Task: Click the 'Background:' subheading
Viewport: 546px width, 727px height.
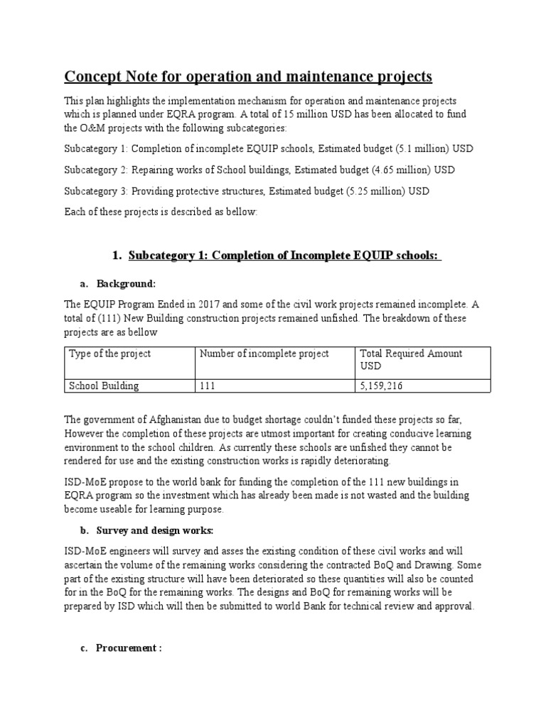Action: point(126,283)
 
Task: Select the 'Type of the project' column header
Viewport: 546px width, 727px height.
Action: point(109,354)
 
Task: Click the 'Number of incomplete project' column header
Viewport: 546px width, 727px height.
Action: point(264,354)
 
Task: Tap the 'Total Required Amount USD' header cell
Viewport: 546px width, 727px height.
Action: point(411,359)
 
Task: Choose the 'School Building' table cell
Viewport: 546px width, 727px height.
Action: point(104,386)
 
